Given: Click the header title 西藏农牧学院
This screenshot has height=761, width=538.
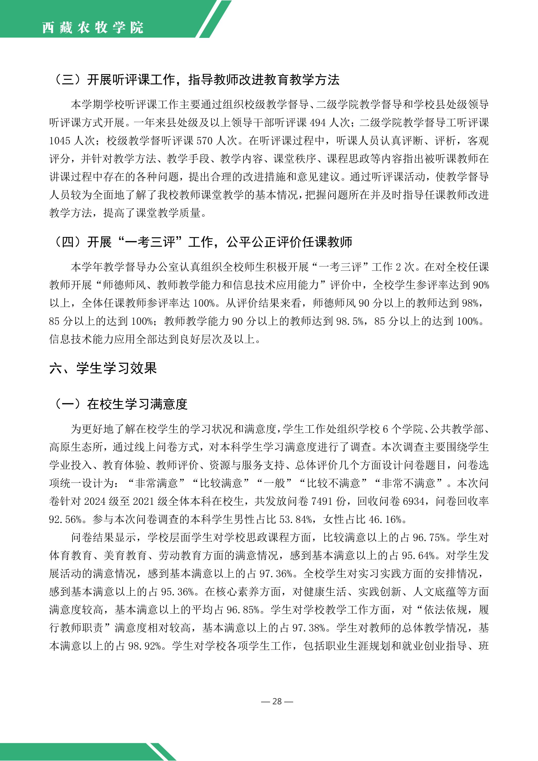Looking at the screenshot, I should pos(93,28).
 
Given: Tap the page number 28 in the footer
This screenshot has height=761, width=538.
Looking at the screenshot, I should pos(277,701).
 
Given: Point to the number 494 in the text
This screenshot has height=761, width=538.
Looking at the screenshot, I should pos(318,123).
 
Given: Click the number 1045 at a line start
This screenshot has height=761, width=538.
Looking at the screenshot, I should pos(60,141).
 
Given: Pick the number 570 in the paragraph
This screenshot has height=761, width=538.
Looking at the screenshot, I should pos(204,141).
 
